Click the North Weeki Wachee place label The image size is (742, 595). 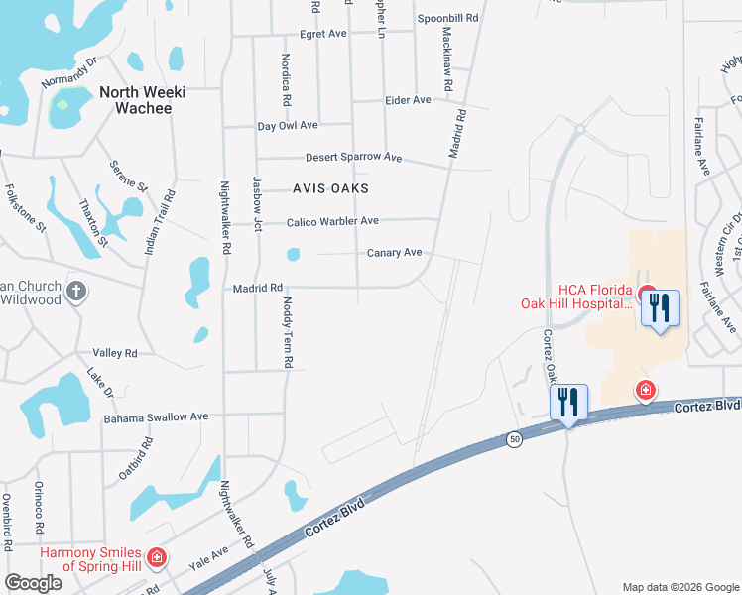[x=135, y=100]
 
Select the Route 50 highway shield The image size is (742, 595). [x=513, y=438]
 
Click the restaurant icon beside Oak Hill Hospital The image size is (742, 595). [x=660, y=309]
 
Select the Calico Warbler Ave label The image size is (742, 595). [x=333, y=221]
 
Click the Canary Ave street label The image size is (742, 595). [x=395, y=253]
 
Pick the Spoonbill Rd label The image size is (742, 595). [x=448, y=18]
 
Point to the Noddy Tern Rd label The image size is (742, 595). [x=288, y=333]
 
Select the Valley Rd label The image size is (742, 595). [x=114, y=353]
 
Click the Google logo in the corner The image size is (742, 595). [x=33, y=583]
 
